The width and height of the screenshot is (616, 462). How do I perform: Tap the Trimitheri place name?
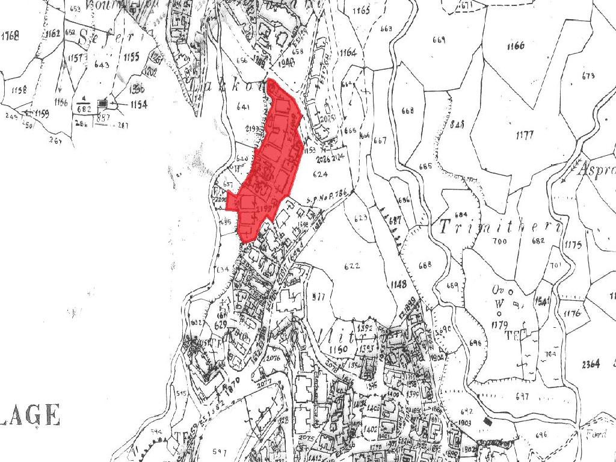pyautogui.click(x=500, y=227)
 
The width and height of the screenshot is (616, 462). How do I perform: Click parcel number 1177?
pyautogui.click(x=524, y=135)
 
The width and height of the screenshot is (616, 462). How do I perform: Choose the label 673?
pyautogui.click(x=588, y=76)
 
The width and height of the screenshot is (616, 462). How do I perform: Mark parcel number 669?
pyautogui.click(x=438, y=40)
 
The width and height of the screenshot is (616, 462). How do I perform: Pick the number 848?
pyautogui.click(x=458, y=124)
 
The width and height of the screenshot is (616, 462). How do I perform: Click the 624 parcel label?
pyautogui.click(x=320, y=174)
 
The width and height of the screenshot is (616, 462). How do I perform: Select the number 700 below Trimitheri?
pyautogui.click(x=499, y=242)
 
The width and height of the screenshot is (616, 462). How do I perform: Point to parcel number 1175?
pyautogui.click(x=573, y=245)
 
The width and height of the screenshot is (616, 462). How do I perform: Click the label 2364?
pyautogui.click(x=591, y=364)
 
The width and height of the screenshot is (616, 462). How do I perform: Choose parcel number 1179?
pyautogui.click(x=499, y=325)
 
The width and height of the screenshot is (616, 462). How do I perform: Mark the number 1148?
pyautogui.click(x=398, y=284)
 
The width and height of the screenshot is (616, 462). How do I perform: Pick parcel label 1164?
pyautogui.click(x=348, y=53)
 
